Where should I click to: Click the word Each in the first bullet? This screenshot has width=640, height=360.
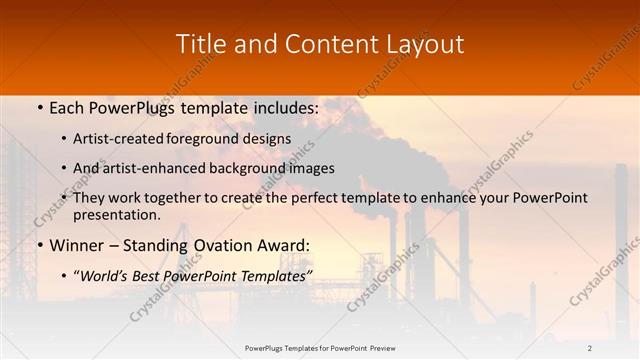70,107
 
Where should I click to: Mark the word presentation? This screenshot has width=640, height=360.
117,214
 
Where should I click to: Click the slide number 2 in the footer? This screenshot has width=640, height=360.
589,348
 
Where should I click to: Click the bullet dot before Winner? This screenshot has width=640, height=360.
39,245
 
